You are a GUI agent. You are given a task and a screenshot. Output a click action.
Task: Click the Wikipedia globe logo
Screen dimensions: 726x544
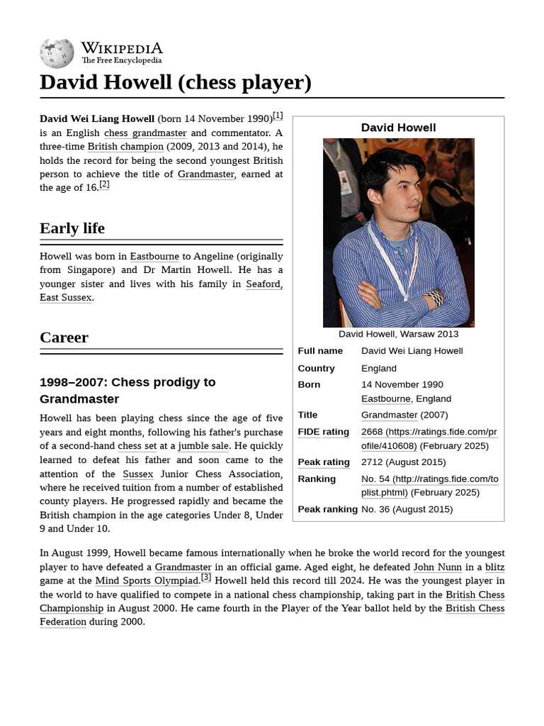pos(57,52)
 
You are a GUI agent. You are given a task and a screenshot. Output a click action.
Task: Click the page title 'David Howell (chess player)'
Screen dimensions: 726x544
pos(176,82)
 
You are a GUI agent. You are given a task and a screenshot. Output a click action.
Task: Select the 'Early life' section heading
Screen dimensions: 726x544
pos(72,228)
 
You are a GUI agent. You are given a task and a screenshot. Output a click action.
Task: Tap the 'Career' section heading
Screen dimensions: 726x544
pos(64,337)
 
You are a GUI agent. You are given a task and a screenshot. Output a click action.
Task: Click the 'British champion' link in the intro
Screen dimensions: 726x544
pos(125,147)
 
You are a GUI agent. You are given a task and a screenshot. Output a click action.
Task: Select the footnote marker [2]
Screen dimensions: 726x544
pos(104,185)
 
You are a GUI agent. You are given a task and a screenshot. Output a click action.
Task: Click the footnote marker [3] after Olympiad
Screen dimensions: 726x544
pos(206,578)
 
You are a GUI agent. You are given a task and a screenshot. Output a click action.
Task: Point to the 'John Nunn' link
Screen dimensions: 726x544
pos(437,567)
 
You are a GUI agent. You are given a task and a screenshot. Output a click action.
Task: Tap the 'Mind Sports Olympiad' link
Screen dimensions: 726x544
pos(147,581)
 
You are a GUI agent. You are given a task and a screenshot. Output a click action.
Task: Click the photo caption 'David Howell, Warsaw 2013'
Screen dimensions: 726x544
pos(398,334)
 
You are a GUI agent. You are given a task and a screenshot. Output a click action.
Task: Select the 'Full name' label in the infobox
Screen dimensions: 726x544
pos(320,351)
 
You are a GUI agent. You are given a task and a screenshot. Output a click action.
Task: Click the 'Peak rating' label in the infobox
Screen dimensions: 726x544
pos(324,462)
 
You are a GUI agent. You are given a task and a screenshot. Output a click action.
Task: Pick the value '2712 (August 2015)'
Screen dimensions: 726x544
pos(404,462)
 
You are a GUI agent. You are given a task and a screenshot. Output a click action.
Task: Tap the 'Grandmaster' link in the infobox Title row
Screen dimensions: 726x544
pos(390,415)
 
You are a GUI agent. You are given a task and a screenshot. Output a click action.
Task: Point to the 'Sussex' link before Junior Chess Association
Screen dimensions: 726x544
pos(137,474)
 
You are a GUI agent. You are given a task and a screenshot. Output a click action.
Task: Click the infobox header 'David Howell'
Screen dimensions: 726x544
pos(398,128)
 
